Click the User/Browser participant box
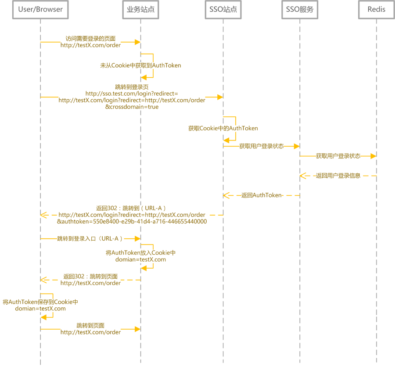[x=40, y=10]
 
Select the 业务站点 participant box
[x=140, y=10]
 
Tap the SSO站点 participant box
[x=223, y=10]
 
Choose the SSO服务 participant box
[x=300, y=10]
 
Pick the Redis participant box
[x=377, y=10]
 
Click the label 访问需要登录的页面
[x=90, y=39]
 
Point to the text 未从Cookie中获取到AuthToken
[x=140, y=65]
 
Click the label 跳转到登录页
[x=132, y=87]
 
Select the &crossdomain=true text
[x=132, y=107]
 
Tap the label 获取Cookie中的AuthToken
[x=223, y=128]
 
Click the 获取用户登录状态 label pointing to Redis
[x=338, y=156]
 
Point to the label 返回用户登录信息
[x=338, y=176]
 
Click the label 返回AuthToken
[x=262, y=195]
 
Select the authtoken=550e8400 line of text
[x=132, y=222]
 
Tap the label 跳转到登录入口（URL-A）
[x=90, y=238]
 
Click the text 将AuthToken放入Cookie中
[x=140, y=253]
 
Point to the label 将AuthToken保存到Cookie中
[x=40, y=302]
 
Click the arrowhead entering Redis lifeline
[x=373, y=156]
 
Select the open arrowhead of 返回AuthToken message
[x=226, y=195]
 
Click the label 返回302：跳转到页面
[x=90, y=277]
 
